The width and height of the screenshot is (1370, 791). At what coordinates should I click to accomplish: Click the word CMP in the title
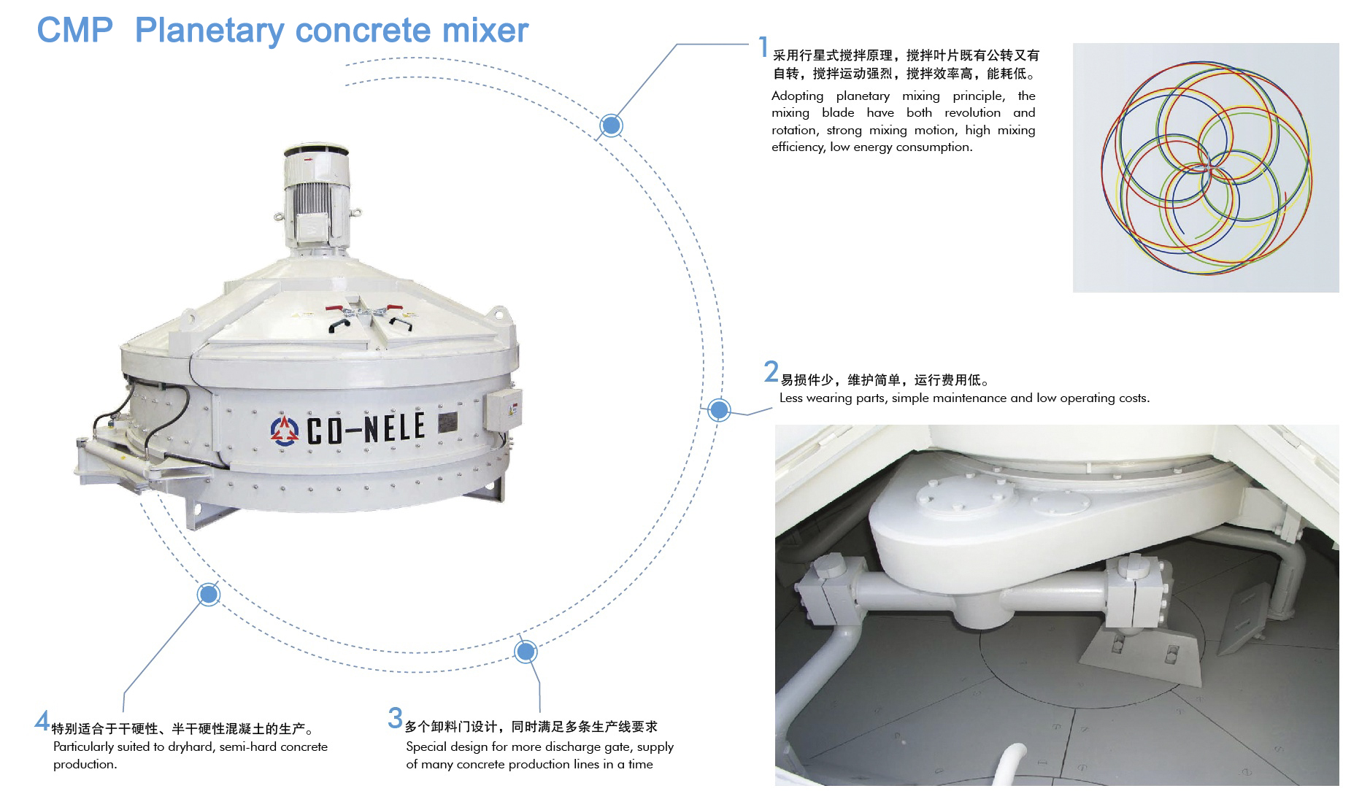click(75, 31)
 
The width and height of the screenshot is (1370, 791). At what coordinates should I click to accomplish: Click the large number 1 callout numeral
click(763, 47)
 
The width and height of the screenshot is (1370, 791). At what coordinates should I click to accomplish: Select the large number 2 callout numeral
click(771, 371)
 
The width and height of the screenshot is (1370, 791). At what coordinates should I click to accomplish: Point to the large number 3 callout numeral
click(395, 718)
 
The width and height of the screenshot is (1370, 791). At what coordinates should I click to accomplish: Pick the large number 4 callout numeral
click(42, 721)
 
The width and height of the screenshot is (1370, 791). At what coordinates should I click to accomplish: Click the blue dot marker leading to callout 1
click(611, 126)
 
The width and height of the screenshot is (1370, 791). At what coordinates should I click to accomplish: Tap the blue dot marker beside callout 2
click(719, 410)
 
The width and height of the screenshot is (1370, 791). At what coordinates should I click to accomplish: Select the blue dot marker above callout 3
click(526, 651)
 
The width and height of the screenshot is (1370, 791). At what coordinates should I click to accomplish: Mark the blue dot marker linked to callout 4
click(209, 594)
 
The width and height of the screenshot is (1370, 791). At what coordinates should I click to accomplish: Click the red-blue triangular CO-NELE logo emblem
click(285, 430)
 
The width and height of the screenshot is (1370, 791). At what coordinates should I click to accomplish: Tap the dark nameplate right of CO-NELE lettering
click(448, 422)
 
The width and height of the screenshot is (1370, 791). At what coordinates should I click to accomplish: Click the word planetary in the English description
click(863, 96)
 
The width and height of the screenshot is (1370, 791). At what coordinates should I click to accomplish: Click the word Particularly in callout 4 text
click(84, 747)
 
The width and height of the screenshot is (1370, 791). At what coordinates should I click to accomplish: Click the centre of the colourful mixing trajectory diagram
click(1206, 168)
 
